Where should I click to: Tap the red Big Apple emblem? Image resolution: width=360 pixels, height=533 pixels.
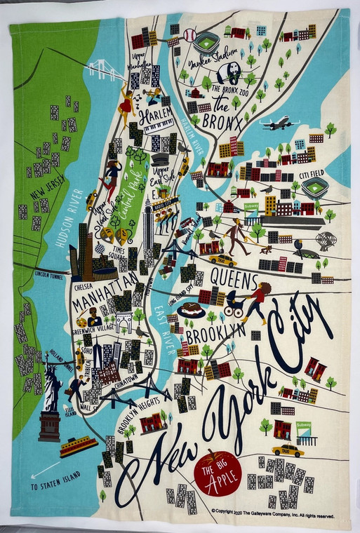pos(218,471)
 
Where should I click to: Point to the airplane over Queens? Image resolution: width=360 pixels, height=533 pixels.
pos(279,124)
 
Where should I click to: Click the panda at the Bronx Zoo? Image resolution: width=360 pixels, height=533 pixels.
pos(227,73)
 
